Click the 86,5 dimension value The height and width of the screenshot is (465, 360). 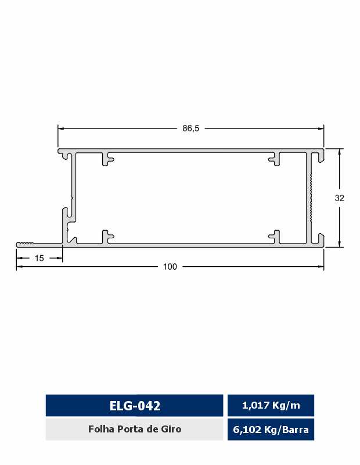click(191, 128)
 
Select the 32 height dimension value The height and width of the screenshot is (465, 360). click(339, 198)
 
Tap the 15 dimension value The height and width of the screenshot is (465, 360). click(39, 258)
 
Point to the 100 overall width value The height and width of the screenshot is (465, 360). click(170, 267)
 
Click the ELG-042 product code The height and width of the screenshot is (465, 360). click(135, 406)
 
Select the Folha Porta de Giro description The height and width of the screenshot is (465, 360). click(135, 429)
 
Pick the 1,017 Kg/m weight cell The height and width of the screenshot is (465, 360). click(271, 405)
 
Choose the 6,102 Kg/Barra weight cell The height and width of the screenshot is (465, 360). click(271, 430)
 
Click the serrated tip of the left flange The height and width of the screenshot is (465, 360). click(25, 244)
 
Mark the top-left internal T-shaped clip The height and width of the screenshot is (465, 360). click(107, 159)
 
